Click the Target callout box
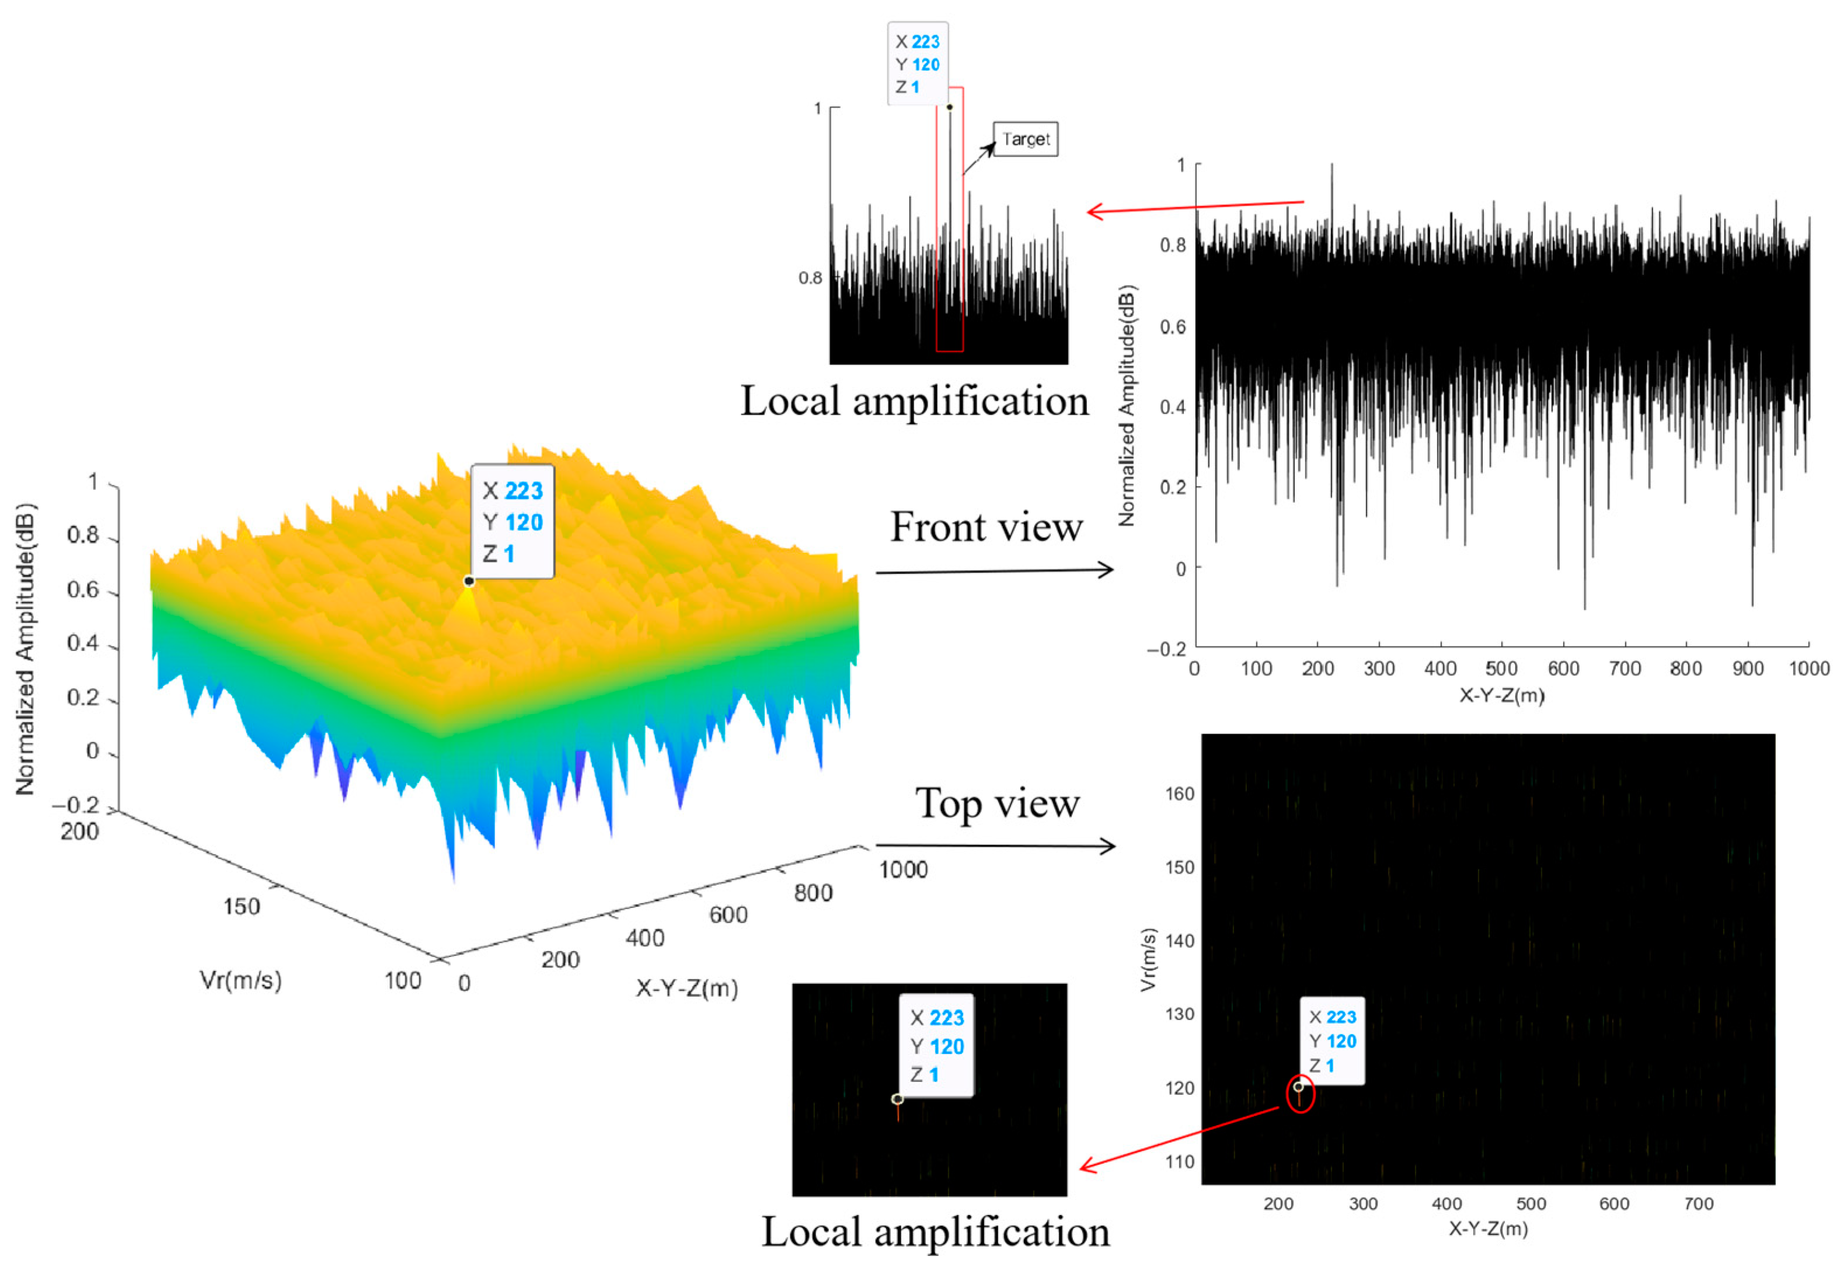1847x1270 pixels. pyautogui.click(x=1024, y=139)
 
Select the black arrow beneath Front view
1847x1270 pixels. pyautogui.click(x=994, y=570)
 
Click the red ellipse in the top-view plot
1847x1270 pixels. pyautogui.click(x=1300, y=1094)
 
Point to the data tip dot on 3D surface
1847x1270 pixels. pyautogui.click(x=469, y=581)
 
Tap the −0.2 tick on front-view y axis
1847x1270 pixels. pyautogui.click(x=1166, y=649)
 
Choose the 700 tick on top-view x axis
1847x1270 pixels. pyautogui.click(x=1698, y=1204)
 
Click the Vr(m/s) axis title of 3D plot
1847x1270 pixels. pyautogui.click(x=241, y=980)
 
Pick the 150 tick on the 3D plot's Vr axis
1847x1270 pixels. pyautogui.click(x=241, y=906)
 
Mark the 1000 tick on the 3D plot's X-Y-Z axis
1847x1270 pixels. pyautogui.click(x=903, y=870)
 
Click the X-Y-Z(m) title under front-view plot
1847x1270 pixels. pyautogui.click(x=1501, y=695)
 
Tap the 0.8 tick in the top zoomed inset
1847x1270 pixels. pyautogui.click(x=810, y=278)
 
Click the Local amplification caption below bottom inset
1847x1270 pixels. pyautogui.click(x=935, y=1232)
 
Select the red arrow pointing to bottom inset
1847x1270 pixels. pyautogui.click(x=1177, y=1138)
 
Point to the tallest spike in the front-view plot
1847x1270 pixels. pyautogui.click(x=1332, y=167)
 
